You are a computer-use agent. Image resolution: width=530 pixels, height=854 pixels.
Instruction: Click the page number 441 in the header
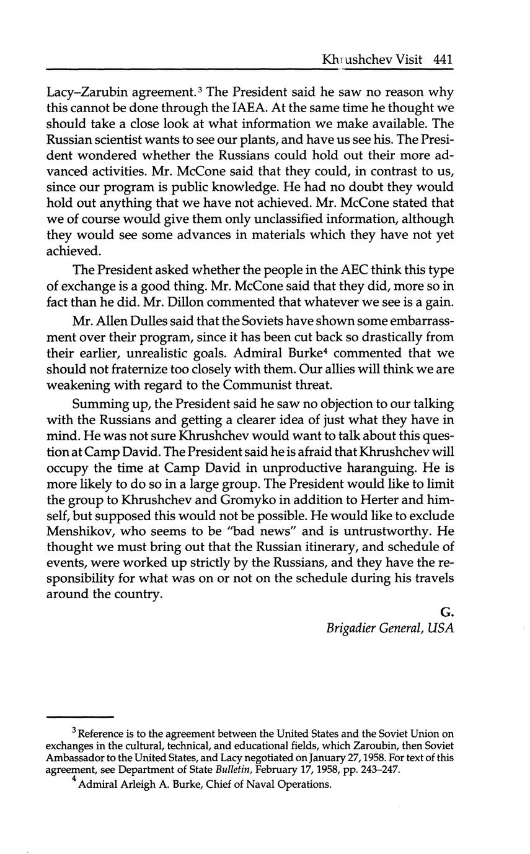coord(444,60)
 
